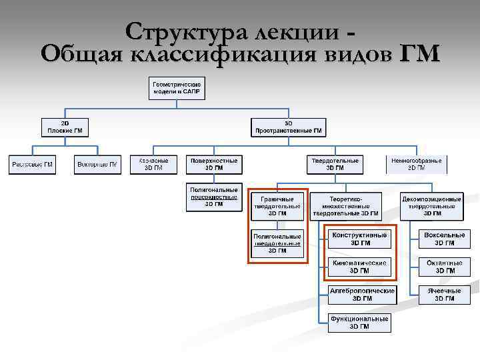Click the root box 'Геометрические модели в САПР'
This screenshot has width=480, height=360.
coord(177,88)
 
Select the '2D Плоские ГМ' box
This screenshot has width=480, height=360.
coord(65,127)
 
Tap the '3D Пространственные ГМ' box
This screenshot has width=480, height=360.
coord(288,127)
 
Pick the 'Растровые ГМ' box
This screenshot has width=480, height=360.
coord(31,164)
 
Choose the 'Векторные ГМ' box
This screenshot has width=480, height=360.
coord(97,164)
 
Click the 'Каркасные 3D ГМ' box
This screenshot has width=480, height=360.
coord(153,164)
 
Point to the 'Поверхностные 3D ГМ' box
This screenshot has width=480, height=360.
coord(214,164)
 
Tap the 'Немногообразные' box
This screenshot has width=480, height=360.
coord(416,164)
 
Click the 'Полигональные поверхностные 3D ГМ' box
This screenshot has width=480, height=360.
coord(214,197)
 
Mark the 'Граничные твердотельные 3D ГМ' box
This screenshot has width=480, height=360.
coord(277,206)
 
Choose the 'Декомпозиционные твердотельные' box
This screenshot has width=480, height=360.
coord(431,206)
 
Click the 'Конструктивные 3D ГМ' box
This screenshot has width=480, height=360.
coord(359,239)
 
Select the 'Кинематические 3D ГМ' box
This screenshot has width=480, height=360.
coord(359,267)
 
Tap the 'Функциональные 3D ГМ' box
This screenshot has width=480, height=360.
coord(359,323)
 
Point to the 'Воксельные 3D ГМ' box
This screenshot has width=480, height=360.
coord(445,239)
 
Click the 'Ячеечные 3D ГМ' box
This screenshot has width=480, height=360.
coord(445,295)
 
